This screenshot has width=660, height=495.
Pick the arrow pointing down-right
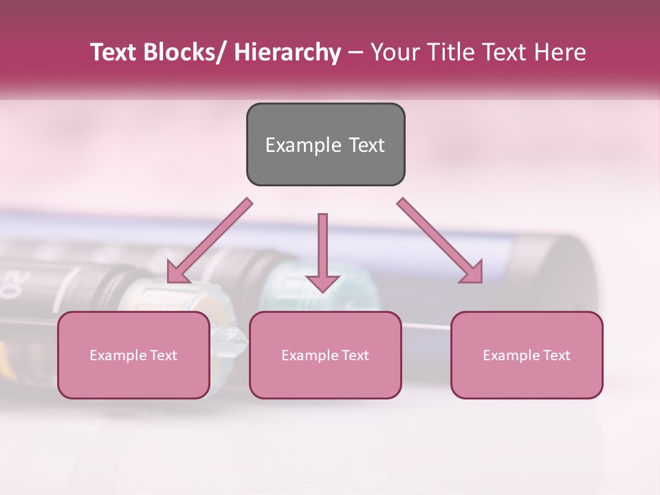coord(440,241)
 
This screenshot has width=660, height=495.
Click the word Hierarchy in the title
coord(287,52)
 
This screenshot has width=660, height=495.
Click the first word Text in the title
coord(114,52)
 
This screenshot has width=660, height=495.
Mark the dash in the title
coord(355,52)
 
